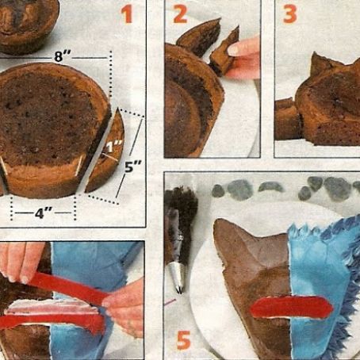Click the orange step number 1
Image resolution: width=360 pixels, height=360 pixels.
[126, 14]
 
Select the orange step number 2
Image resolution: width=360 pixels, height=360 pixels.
[181, 14]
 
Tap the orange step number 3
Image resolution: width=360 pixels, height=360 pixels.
[289, 14]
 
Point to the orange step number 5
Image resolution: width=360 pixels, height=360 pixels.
[183, 340]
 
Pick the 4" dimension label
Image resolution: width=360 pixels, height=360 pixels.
[43, 213]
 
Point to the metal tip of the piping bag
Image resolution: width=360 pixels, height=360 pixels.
[179, 278]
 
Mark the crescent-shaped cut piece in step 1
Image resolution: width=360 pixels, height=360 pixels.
[105, 155]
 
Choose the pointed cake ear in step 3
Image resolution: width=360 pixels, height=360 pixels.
[321, 63]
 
